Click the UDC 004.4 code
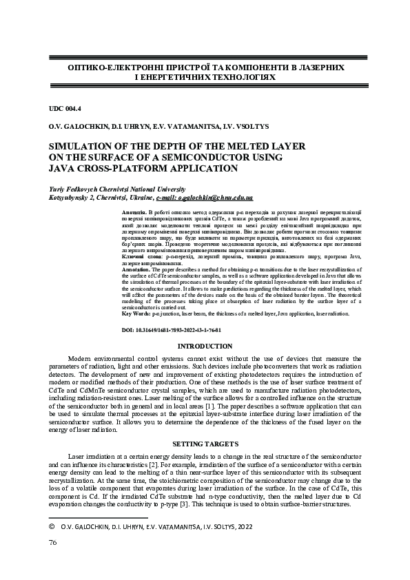click(x=65, y=109)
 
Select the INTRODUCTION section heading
click(x=205, y=346)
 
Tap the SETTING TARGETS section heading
click(x=205, y=444)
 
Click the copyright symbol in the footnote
click(x=52, y=526)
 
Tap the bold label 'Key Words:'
click(x=136, y=313)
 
